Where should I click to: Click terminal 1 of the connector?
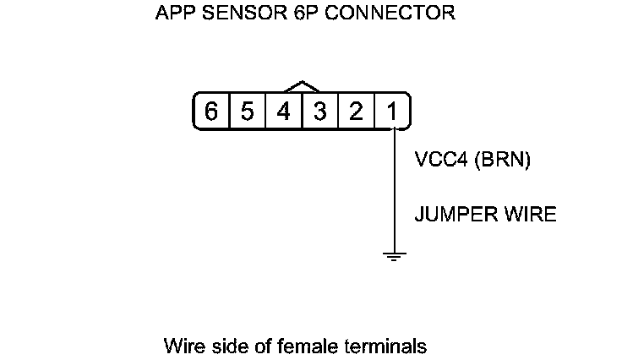point(392,112)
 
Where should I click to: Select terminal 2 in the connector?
point(356,112)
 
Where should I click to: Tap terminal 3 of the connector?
point(320,112)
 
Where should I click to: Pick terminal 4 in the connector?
point(284,112)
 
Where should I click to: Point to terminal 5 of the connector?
point(248,112)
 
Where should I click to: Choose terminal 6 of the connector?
point(211,112)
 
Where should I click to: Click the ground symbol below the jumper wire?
point(394,255)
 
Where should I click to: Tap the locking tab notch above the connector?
point(302,86)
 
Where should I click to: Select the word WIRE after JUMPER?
point(529,215)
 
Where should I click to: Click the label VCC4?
point(442,161)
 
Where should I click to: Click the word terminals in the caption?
point(385,346)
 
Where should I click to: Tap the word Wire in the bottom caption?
point(181,346)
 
